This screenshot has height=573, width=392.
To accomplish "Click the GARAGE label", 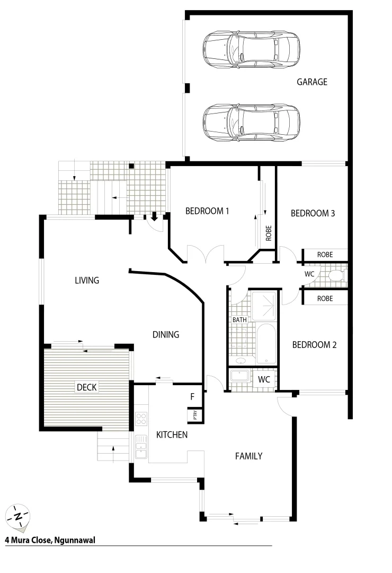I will [311, 82].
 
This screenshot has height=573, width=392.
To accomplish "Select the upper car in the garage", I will [251, 49].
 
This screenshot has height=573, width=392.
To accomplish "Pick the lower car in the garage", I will [251, 121].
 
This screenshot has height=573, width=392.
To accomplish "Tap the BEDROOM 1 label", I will [207, 211].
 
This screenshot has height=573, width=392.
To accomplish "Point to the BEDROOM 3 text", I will [313, 213].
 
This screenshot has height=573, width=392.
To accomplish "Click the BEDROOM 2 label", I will [315, 344].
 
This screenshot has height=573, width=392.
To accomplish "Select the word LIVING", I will [87, 280].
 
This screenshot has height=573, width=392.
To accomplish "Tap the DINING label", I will [166, 334].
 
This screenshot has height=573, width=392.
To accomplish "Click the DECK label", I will [86, 387].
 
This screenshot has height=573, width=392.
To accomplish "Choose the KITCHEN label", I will [172, 435].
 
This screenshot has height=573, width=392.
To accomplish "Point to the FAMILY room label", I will [249, 455].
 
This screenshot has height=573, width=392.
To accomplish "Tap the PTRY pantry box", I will [194, 415].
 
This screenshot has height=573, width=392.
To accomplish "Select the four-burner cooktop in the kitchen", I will [141, 419].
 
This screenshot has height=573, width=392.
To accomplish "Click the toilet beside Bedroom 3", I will [335, 275].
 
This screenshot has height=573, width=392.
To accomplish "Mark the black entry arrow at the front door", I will [154, 216].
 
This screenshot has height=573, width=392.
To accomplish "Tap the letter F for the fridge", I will [192, 396].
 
